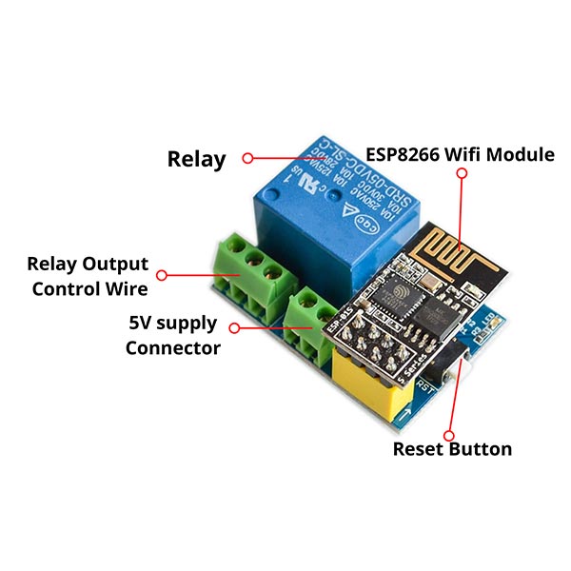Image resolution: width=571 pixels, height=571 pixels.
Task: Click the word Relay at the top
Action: click(196, 159)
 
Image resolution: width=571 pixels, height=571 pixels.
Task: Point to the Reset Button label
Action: click(452, 448)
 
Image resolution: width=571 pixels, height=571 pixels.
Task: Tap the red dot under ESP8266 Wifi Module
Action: click(462, 174)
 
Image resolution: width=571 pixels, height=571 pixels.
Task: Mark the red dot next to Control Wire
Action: click(162, 275)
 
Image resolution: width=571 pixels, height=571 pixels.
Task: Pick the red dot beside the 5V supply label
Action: click(234, 327)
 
